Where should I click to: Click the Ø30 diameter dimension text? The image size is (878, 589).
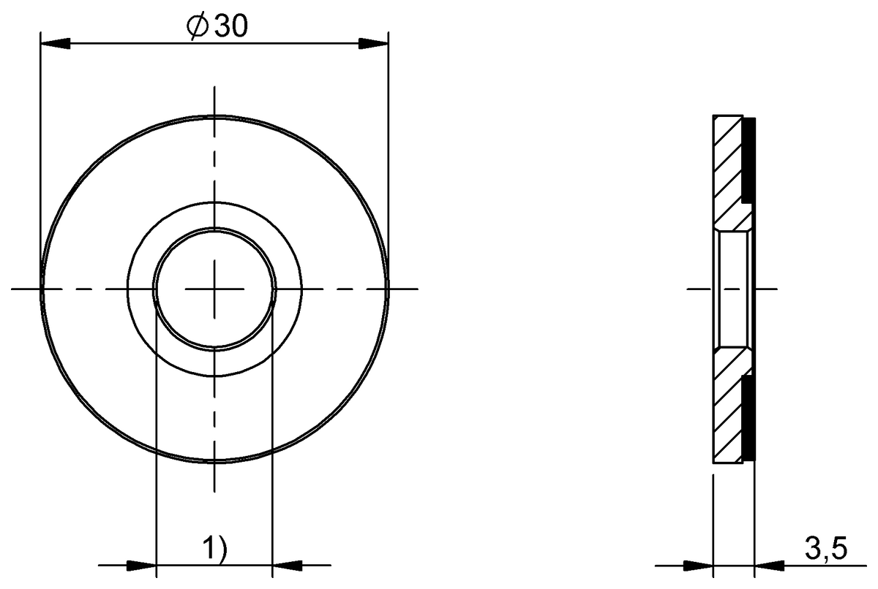click(x=217, y=27)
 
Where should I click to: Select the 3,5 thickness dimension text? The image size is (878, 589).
click(x=826, y=549)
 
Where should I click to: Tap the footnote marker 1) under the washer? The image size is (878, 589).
click(x=214, y=548)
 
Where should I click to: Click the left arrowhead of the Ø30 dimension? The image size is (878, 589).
click(x=56, y=44)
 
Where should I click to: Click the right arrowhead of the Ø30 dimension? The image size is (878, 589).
click(x=374, y=44)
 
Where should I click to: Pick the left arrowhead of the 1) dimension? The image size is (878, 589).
click(x=141, y=565)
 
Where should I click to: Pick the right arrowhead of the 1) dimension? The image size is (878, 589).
click(x=288, y=565)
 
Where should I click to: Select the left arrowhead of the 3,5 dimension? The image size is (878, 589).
click(x=698, y=566)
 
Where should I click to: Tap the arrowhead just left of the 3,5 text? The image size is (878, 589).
click(x=770, y=566)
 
